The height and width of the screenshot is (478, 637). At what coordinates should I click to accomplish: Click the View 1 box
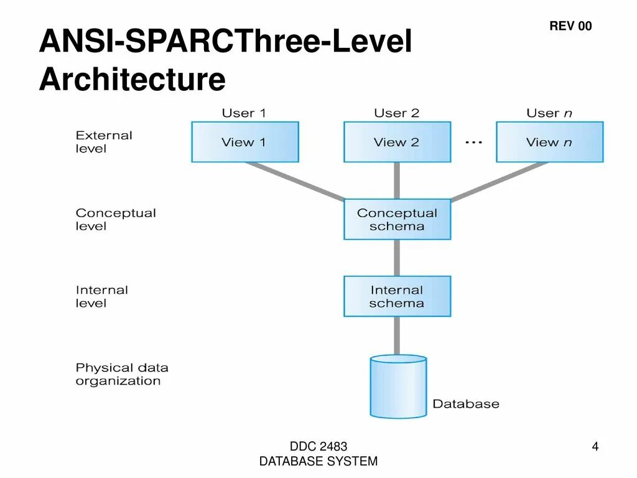(x=244, y=142)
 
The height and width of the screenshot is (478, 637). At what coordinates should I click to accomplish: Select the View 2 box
(x=397, y=142)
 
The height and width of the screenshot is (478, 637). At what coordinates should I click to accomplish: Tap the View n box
(x=549, y=142)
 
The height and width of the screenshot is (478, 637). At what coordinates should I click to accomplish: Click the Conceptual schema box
(x=397, y=219)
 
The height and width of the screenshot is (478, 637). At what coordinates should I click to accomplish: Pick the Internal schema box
(x=397, y=296)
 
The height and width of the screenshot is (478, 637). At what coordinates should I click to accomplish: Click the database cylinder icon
(x=398, y=386)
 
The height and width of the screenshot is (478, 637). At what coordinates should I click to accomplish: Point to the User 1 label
(x=244, y=113)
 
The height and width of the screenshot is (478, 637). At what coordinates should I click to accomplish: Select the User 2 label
(x=397, y=113)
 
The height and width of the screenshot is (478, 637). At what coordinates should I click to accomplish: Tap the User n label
(x=549, y=113)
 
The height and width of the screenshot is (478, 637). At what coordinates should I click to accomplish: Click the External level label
(x=104, y=142)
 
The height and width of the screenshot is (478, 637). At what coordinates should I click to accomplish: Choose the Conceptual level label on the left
(x=116, y=219)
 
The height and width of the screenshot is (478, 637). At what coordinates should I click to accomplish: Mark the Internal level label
(x=101, y=296)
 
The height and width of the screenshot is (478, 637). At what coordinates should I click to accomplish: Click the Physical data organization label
(x=122, y=374)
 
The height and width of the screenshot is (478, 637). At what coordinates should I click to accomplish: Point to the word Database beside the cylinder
(x=466, y=404)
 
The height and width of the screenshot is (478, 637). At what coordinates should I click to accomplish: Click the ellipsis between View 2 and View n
(x=473, y=143)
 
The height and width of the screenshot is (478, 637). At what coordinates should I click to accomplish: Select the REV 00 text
(x=570, y=26)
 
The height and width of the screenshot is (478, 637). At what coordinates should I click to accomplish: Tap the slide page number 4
(x=595, y=447)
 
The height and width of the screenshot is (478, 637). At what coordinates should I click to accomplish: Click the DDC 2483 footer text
(x=318, y=447)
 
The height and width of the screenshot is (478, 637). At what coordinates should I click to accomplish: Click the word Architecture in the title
(x=132, y=80)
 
